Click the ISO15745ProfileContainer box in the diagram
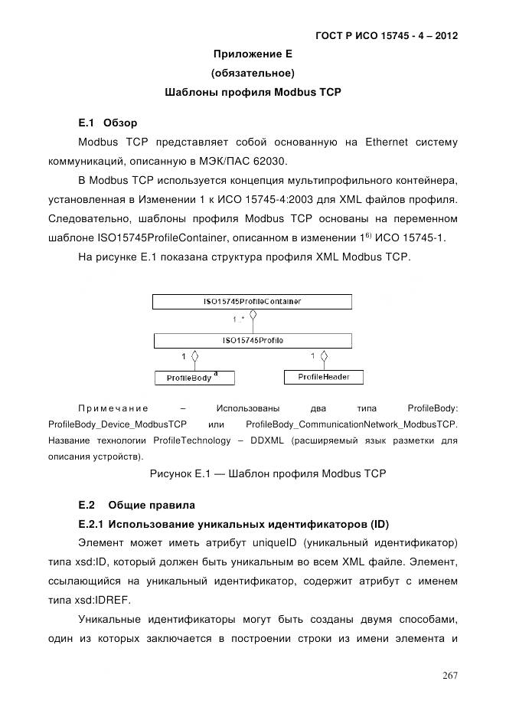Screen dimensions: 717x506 click(253, 302)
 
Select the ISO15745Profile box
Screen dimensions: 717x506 click(253, 340)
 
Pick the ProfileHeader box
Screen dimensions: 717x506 click(323, 377)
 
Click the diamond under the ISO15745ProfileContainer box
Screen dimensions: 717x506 click(253, 314)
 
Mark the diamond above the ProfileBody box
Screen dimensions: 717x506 click(194, 356)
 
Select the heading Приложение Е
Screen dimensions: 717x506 click(253, 54)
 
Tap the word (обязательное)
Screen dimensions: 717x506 click(253, 74)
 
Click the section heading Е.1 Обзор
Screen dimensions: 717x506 click(107, 123)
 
